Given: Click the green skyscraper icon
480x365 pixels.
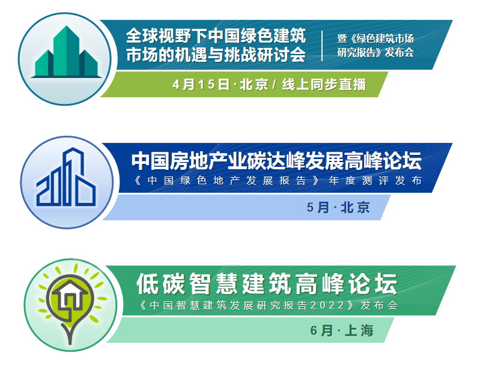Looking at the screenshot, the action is point(66,52).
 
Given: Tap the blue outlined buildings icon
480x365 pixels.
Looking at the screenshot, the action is point(66,177).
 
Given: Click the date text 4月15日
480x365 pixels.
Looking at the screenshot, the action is point(201,85).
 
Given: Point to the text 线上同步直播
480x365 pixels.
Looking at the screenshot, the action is point(324,85).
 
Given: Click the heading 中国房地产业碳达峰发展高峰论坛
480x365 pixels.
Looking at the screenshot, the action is point(276,161).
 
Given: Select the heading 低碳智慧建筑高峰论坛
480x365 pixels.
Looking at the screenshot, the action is point(267,284).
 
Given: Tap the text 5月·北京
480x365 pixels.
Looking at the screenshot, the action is point(338,208).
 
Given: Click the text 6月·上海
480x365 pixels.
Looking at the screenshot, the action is point(342,330).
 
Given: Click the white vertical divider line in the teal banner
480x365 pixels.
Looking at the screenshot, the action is point(322,46).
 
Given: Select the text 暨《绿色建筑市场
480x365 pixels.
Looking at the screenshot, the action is point(375,38).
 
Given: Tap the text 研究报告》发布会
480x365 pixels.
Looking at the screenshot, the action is point(375,53).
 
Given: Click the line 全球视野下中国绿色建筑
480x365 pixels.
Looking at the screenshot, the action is point(216,36).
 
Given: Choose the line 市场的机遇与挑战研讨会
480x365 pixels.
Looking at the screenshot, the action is point(216,55).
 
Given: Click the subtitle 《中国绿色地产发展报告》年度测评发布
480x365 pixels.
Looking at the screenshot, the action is point(278,181).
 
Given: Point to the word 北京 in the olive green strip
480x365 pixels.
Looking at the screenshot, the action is point(254,85).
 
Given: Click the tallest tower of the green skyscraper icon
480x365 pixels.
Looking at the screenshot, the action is point(67,50).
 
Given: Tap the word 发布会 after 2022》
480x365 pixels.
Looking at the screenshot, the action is point(379,306).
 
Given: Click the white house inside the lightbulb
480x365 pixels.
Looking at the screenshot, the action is point(70,294).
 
